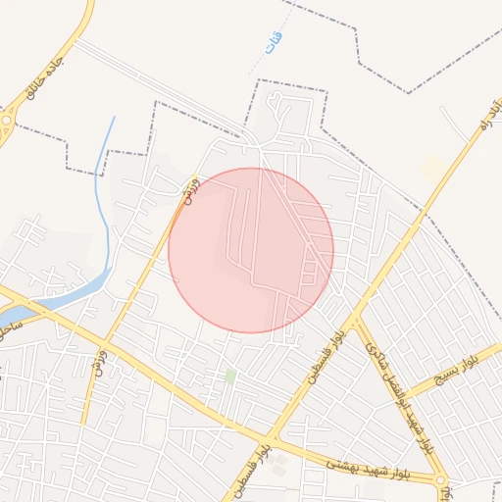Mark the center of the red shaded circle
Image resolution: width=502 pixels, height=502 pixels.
tap(251, 250)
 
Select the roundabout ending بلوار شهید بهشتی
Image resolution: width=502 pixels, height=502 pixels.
tap(440, 480)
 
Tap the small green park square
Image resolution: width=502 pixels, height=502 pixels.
tap(230, 376)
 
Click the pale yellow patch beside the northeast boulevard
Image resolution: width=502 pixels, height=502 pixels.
tap(433, 168)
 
